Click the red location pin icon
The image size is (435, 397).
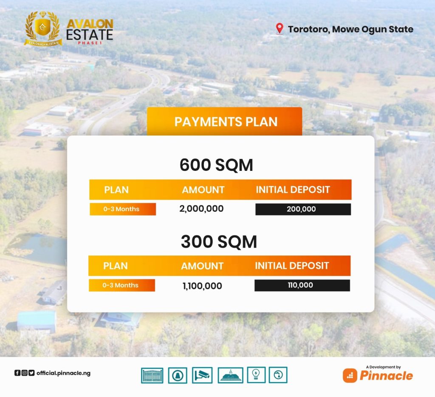(280, 28)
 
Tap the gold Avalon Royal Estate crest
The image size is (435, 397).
(43, 28)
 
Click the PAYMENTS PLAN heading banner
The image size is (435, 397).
(224, 121)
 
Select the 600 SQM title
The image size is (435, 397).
(216, 165)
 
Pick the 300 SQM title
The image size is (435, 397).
(219, 241)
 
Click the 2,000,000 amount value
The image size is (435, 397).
(201, 209)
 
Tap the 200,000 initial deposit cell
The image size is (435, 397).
(303, 209)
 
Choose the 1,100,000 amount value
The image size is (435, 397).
(202, 286)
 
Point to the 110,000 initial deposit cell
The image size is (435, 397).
(302, 285)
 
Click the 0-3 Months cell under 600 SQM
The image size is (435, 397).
(123, 209)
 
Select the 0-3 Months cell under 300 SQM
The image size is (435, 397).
(122, 285)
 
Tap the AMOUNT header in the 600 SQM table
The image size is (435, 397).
(203, 190)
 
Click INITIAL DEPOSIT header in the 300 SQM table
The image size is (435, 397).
(292, 266)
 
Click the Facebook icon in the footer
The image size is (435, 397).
(17, 373)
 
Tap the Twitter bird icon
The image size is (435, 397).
(31, 373)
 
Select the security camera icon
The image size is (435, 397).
(202, 375)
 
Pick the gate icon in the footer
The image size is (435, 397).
(152, 376)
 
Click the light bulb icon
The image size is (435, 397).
(256, 375)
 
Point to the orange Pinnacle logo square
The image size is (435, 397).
(350, 376)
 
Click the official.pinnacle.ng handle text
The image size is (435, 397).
(64, 373)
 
